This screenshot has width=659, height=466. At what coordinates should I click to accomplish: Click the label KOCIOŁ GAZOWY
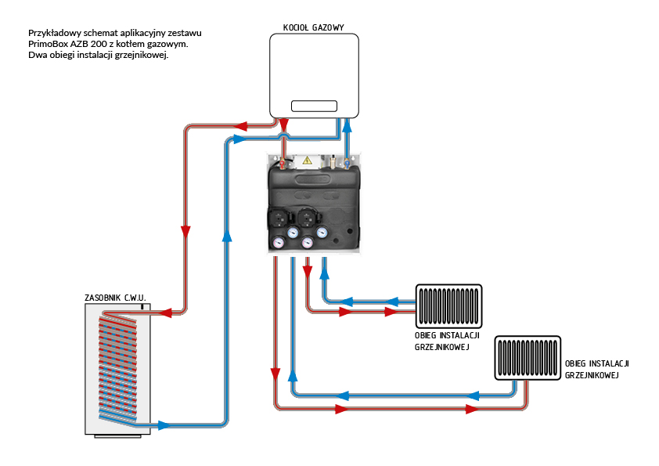(x=313, y=28)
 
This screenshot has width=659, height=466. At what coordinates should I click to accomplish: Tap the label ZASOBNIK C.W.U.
(x=116, y=298)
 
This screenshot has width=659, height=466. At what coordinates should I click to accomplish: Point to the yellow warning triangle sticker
(x=308, y=160)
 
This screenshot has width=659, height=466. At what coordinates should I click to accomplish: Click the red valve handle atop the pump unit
(x=281, y=164)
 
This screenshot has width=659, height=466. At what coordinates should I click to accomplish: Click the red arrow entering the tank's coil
(x=164, y=312)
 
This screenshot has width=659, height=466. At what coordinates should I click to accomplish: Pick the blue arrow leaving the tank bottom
(x=163, y=425)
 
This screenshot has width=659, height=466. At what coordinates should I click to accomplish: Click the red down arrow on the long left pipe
(x=186, y=232)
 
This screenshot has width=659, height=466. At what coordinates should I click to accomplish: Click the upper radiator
(x=449, y=305)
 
